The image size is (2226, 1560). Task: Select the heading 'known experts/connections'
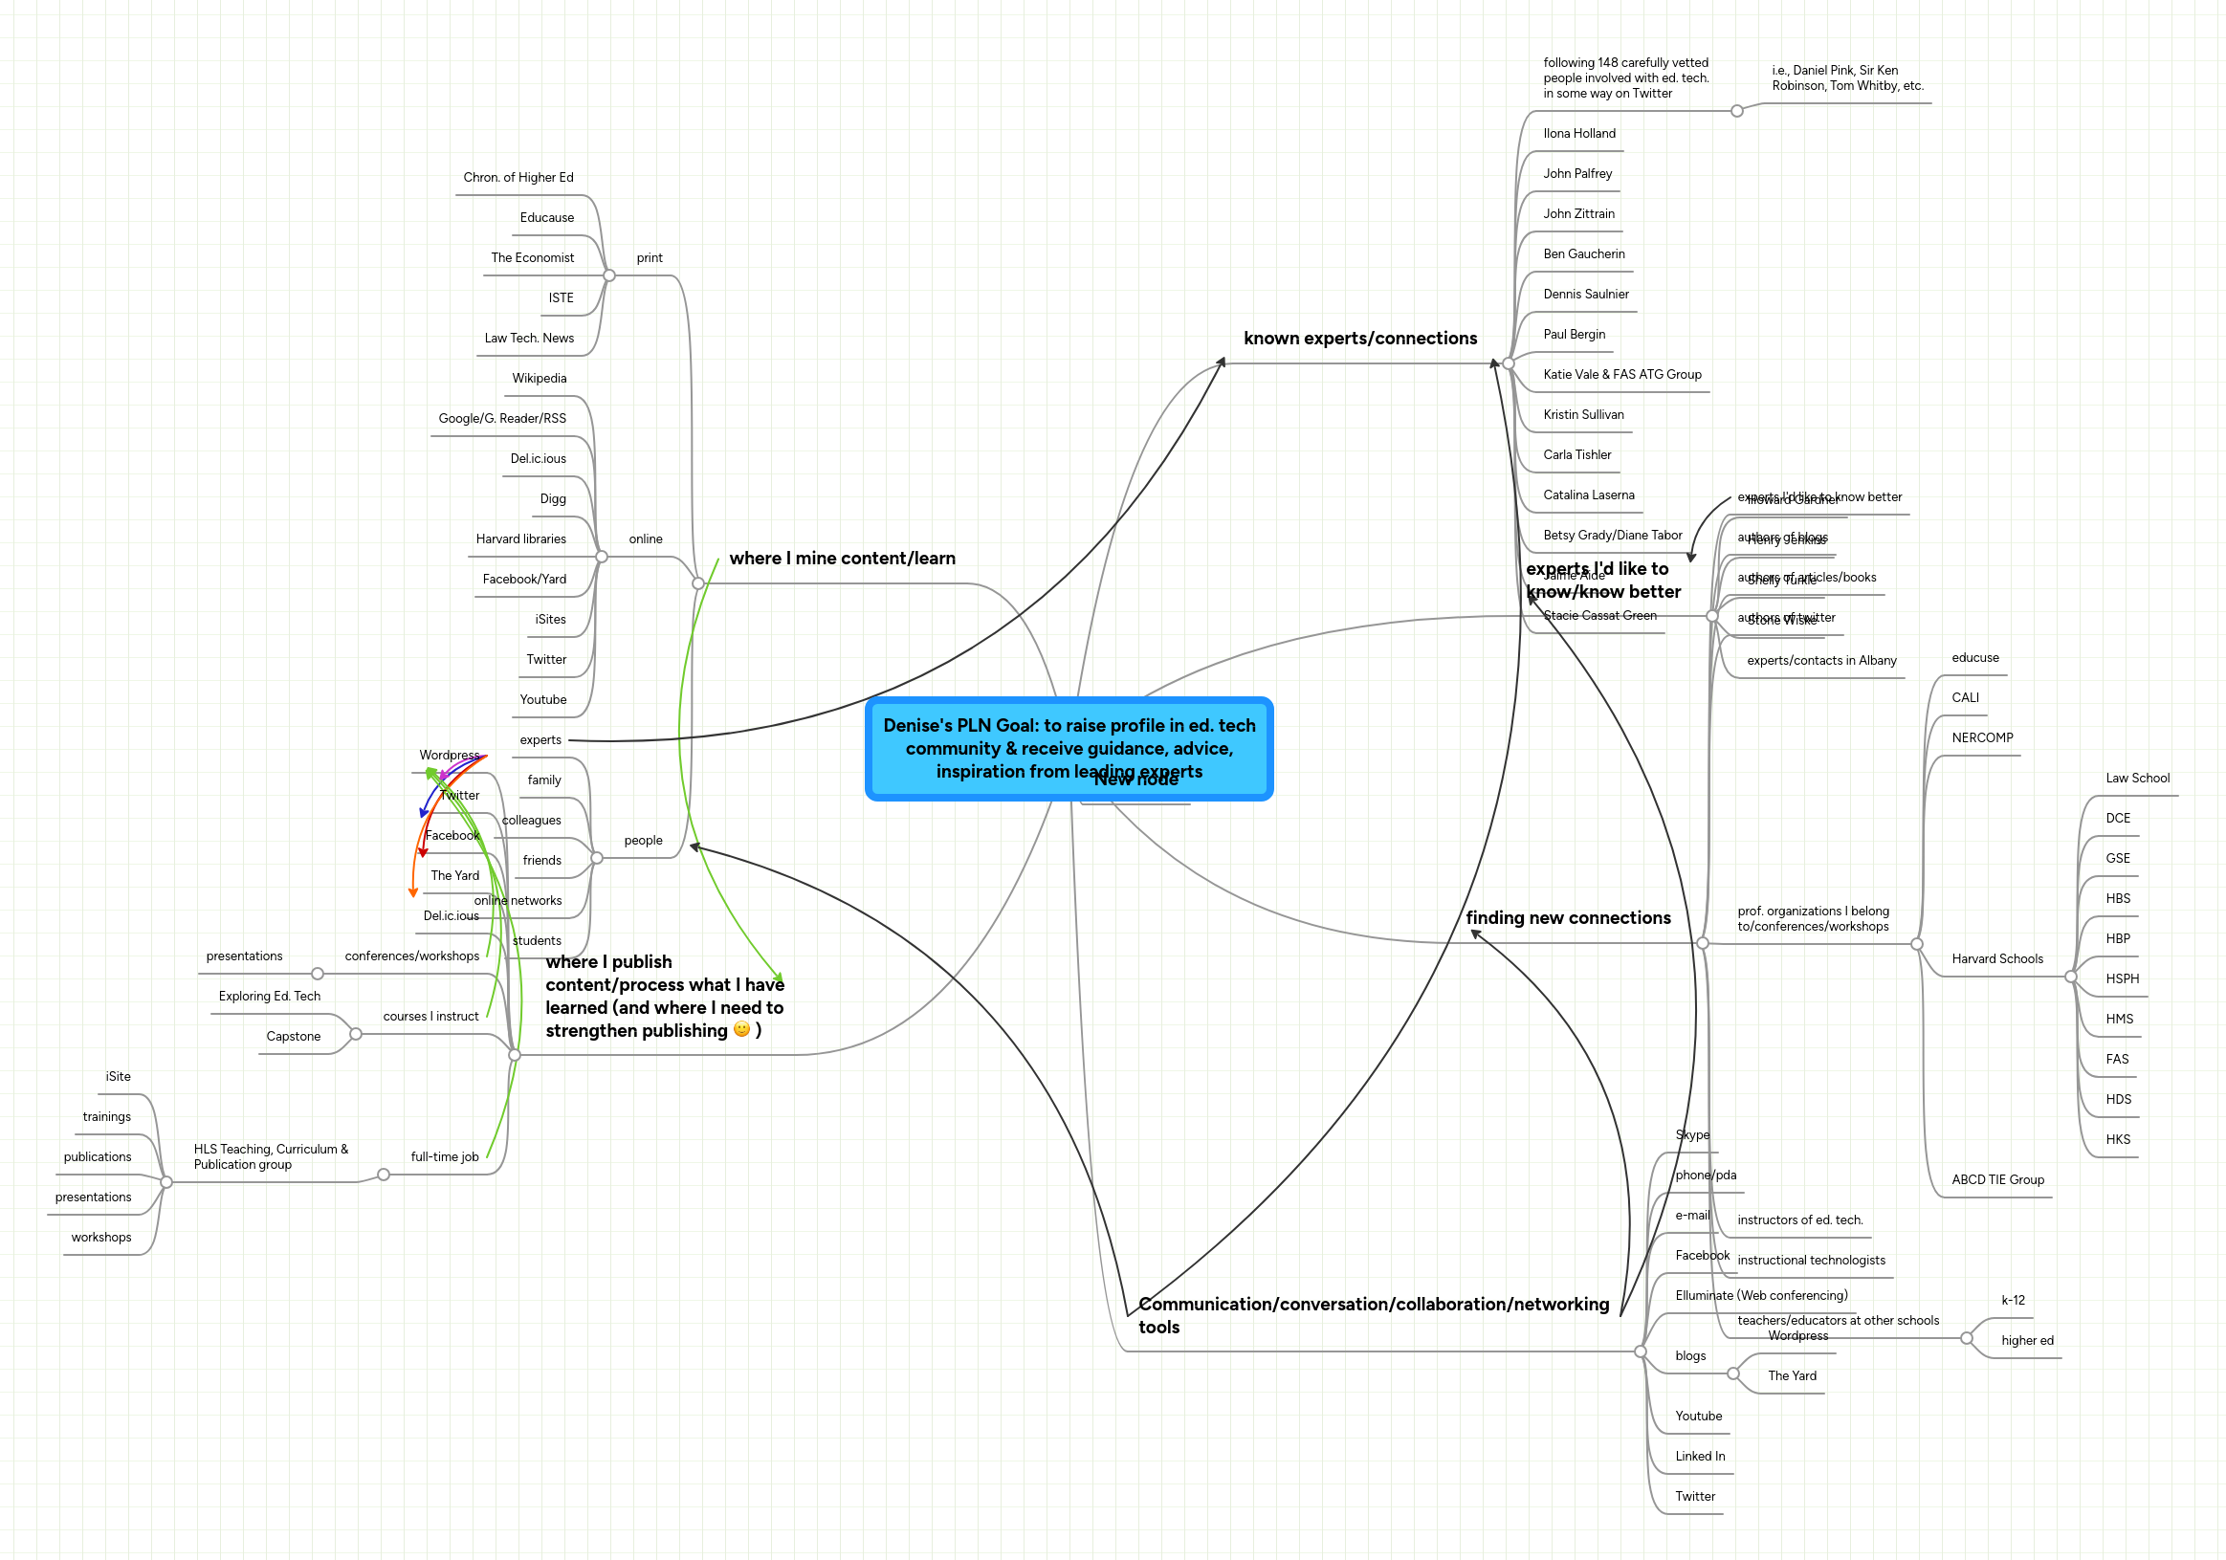coord(1359,339)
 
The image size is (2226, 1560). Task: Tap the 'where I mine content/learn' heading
coord(842,559)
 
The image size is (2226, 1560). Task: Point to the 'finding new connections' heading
coord(1568,918)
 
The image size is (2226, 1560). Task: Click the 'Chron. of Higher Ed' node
coord(518,178)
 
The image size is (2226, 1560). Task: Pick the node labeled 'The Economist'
coord(532,258)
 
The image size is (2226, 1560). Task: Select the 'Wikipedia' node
coord(540,378)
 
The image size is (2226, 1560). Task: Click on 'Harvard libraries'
coord(520,539)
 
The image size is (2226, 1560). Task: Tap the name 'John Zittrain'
coord(1578,214)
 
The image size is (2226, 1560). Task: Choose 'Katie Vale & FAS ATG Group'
coord(1622,374)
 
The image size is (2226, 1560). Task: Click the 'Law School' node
coord(2137,779)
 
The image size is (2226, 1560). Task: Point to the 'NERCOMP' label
coord(1982,737)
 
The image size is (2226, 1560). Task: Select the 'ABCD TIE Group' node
coord(1997,1180)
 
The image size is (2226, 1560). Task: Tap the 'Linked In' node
coord(1700,1457)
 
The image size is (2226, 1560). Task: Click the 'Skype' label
coord(1692,1135)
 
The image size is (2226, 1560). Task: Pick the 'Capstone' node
coord(293,1037)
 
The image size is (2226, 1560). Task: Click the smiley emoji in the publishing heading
coord(741,1030)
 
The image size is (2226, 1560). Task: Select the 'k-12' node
coord(2013,1300)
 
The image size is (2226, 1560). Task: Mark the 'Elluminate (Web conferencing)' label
coord(1761,1295)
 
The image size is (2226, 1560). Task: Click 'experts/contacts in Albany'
coord(1820,661)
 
